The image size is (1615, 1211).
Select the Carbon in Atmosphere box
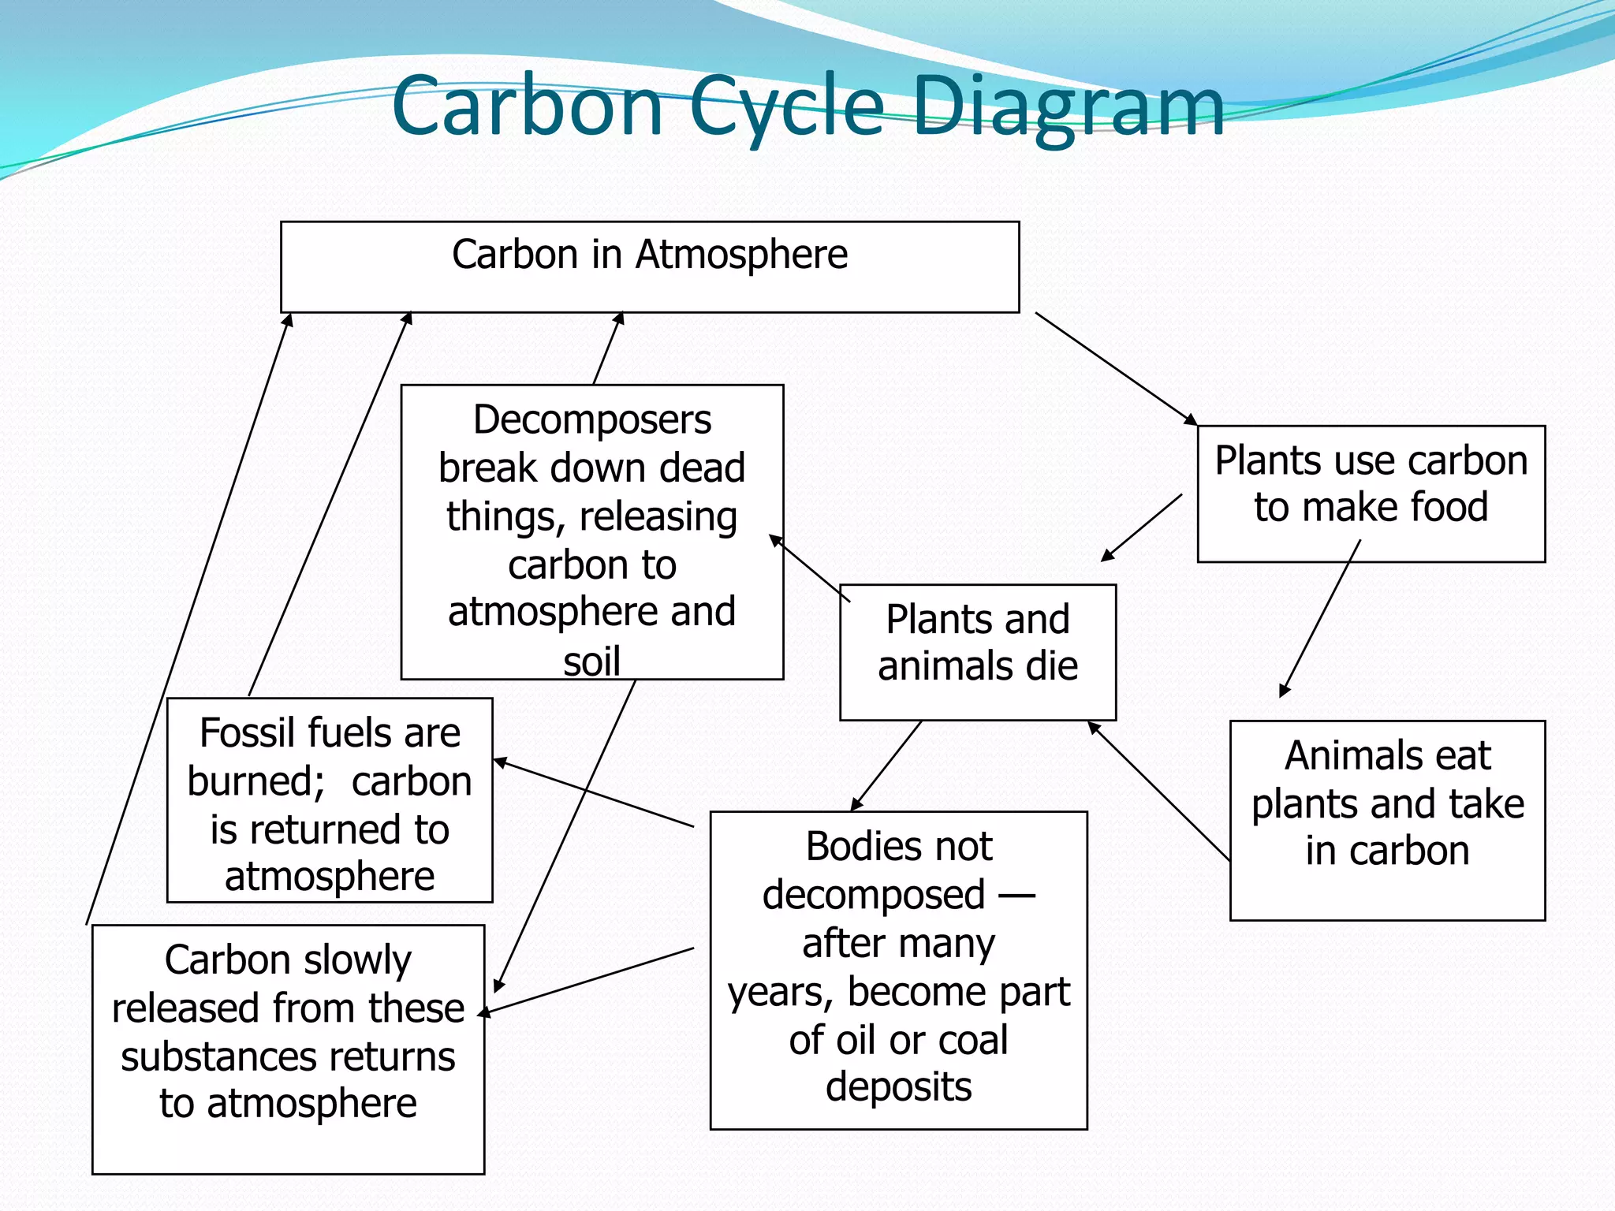point(650,267)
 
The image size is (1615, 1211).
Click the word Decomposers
point(592,419)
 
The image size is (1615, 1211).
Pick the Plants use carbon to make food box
point(1371,494)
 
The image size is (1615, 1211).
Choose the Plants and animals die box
point(978,652)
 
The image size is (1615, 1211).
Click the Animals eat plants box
point(1387,820)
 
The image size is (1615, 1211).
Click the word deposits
point(898,1087)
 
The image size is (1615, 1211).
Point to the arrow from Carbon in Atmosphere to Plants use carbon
point(1116,369)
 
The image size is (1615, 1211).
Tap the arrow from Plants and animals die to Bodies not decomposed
point(886,766)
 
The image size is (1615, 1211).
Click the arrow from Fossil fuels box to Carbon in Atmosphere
point(330,505)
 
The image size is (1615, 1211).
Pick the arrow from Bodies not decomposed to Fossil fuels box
point(594,793)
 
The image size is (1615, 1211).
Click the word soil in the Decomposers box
point(591,661)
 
